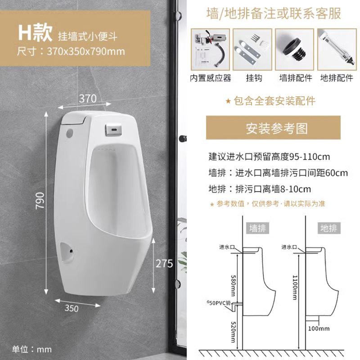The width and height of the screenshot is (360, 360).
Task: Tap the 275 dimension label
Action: click(165, 264)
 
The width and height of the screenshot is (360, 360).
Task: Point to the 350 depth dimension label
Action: click(72, 308)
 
